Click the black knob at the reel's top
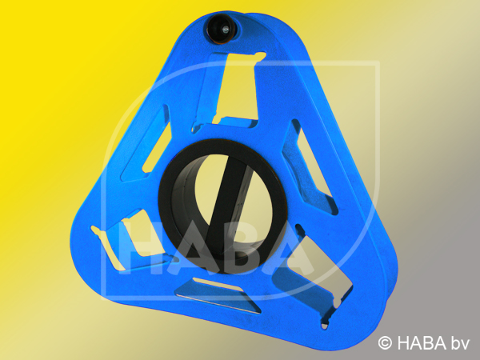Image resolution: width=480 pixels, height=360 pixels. coord(222,30)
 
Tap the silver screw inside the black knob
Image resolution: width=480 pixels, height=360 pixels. coord(226,29)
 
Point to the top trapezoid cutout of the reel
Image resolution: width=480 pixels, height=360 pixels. coord(235,89)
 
